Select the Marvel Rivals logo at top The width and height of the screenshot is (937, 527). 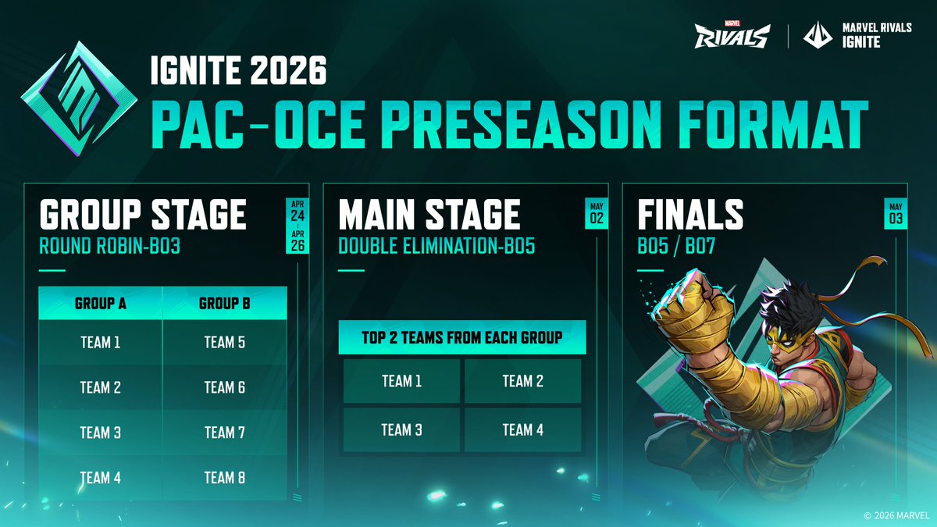click(x=732, y=34)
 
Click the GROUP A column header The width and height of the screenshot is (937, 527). click(x=100, y=303)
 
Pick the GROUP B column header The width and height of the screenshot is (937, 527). click(x=224, y=303)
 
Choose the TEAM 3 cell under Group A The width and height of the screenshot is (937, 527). click(x=100, y=432)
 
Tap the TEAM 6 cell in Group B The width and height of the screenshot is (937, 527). click(x=224, y=387)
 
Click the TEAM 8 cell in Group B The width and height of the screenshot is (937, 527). click(x=224, y=477)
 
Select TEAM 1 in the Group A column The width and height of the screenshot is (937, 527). click(x=100, y=342)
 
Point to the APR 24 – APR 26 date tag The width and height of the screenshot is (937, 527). click(x=297, y=225)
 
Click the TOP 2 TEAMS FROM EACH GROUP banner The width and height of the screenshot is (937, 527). click(x=462, y=337)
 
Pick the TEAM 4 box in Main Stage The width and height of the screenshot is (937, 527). click(x=522, y=429)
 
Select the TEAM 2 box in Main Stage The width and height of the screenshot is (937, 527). click(x=522, y=381)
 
